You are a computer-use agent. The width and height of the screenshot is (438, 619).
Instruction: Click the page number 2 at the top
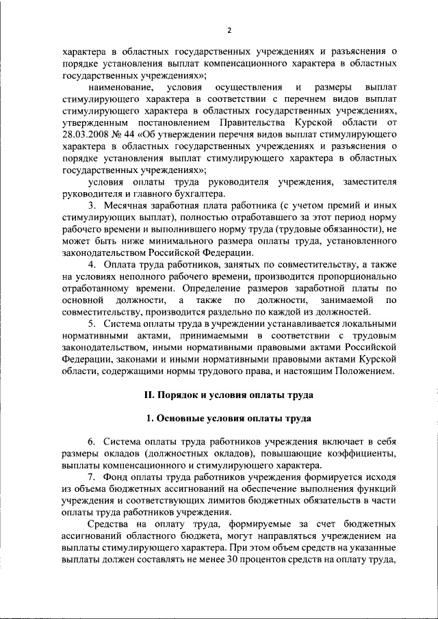click(x=230, y=30)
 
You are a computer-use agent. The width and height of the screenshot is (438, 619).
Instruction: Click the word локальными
click(x=368, y=324)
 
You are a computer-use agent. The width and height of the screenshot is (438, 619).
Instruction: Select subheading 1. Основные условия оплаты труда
click(x=229, y=419)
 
